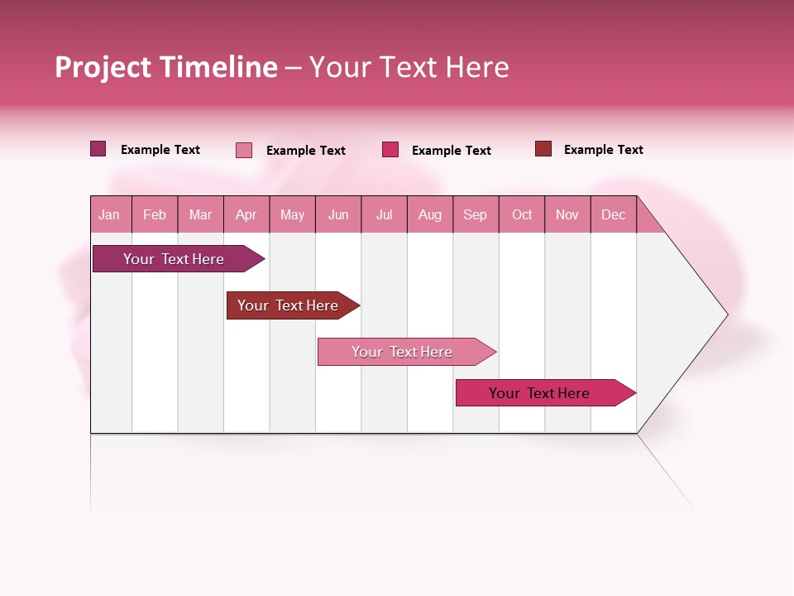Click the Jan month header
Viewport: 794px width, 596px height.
pyautogui.click(x=110, y=214)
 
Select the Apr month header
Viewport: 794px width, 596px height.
pyautogui.click(x=246, y=214)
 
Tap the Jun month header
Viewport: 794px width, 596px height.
pyautogui.click(x=338, y=214)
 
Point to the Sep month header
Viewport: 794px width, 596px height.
pyautogui.click(x=476, y=214)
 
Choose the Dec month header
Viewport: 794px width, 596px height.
pyautogui.click(x=613, y=214)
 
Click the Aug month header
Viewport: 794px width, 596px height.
pyautogui.click(x=430, y=214)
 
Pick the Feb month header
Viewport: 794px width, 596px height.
pyautogui.click(x=155, y=214)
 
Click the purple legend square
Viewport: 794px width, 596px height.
pyautogui.click(x=98, y=149)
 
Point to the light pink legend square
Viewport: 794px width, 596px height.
pyautogui.click(x=244, y=150)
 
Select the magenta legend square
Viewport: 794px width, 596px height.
pyautogui.click(x=390, y=150)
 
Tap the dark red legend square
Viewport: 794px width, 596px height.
pyautogui.click(x=543, y=149)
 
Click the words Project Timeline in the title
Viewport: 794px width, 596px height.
pyautogui.click(x=166, y=67)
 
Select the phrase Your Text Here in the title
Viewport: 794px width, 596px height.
pyautogui.click(x=409, y=67)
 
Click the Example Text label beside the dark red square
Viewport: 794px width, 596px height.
pyautogui.click(x=603, y=150)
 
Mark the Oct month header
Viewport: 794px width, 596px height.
pyautogui.click(x=522, y=214)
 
